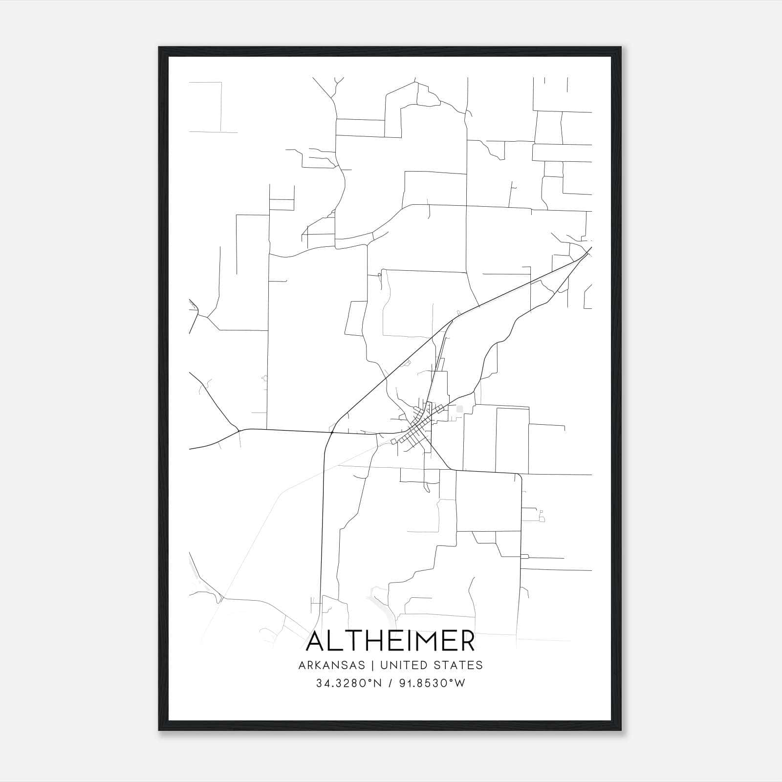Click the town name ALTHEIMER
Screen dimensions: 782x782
pyautogui.click(x=390, y=641)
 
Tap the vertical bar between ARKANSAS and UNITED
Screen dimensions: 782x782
pyautogui.click(x=372, y=665)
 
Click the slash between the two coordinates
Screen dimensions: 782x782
pyautogui.click(x=390, y=683)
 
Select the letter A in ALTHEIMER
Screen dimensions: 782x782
pyautogui.click(x=316, y=641)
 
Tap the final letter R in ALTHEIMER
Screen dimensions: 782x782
pyautogui.click(x=466, y=641)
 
